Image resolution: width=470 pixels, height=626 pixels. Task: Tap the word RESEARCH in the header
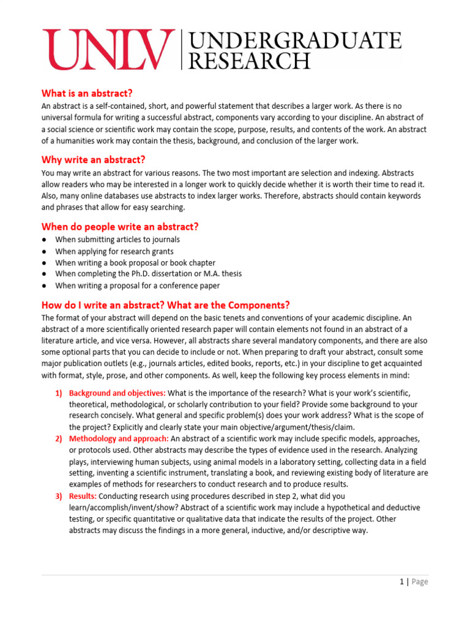249,61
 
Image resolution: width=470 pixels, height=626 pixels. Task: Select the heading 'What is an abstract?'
86,94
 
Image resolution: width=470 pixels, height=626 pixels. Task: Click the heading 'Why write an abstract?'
93,160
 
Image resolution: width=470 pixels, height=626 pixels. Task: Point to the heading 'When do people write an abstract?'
120,227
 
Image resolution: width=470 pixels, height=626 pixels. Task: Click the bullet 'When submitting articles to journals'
117,240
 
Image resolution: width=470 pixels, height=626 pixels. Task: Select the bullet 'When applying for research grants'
114,251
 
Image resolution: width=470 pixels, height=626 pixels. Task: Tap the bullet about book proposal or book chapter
135,263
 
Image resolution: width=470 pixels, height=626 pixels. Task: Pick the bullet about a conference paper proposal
138,285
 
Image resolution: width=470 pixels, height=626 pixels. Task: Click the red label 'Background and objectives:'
117,393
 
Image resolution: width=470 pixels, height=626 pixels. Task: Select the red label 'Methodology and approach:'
119,439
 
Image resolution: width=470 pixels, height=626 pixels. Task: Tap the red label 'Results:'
83,496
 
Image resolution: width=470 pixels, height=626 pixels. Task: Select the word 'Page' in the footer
420,582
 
